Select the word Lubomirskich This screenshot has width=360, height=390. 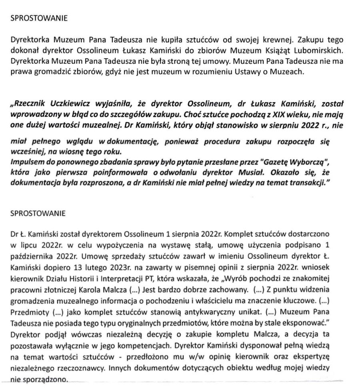(x=323, y=51)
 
